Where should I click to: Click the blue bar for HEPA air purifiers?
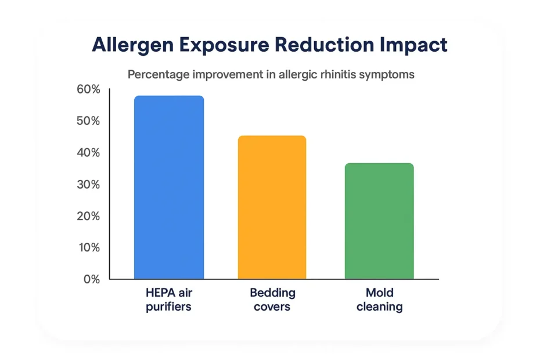click(x=169, y=187)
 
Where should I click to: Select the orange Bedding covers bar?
click(x=272, y=207)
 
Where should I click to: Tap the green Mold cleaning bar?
click(x=379, y=221)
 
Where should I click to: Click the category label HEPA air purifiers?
click(x=168, y=299)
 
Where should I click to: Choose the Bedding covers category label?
click(x=272, y=299)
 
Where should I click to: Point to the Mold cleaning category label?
click(x=379, y=299)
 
